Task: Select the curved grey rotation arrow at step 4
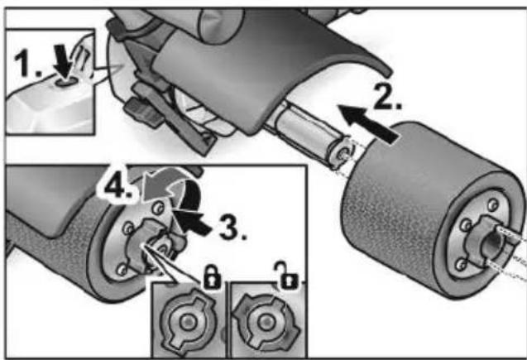pyautogui.click(x=170, y=192)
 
